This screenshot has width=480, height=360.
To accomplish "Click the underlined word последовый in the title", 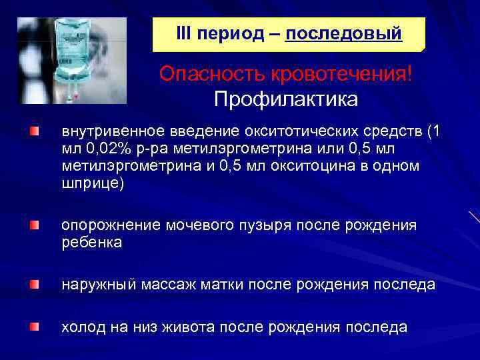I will [343, 33].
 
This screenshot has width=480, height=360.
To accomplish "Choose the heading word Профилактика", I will [286, 99].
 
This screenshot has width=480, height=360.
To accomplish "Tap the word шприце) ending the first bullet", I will [93, 184].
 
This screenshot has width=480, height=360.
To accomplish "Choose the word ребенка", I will [91, 243].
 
